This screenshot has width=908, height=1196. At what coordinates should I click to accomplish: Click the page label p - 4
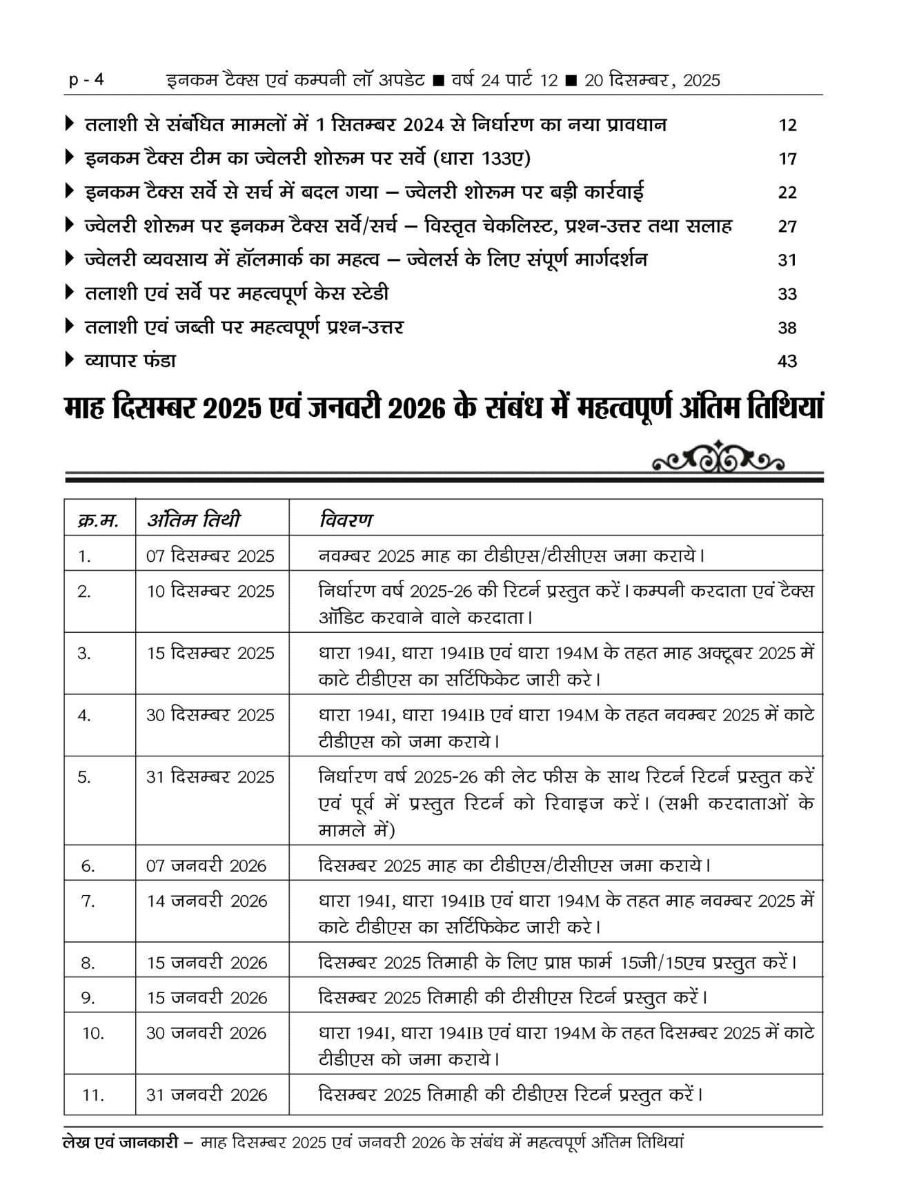click(86, 80)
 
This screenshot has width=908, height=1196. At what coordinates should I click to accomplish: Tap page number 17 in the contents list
click(787, 159)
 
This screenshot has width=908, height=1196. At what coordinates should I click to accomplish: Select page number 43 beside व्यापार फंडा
click(787, 362)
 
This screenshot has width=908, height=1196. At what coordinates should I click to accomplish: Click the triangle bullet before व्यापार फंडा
click(69, 360)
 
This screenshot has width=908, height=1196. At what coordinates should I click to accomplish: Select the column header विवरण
click(346, 519)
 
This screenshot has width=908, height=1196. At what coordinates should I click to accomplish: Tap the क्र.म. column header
click(98, 520)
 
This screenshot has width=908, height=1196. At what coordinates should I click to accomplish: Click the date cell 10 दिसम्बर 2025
click(210, 591)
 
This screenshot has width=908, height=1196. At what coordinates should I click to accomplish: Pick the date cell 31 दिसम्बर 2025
click(210, 777)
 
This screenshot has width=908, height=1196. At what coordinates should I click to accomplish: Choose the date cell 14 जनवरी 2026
click(206, 901)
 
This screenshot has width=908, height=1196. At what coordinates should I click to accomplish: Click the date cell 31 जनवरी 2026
click(206, 1095)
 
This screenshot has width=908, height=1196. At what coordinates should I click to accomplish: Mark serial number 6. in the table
click(88, 866)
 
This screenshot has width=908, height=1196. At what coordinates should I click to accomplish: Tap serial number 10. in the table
click(93, 1034)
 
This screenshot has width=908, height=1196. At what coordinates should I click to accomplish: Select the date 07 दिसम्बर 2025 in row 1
click(210, 556)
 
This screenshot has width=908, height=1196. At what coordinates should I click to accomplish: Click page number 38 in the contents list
click(787, 328)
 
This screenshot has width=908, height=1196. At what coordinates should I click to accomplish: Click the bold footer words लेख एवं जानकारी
click(121, 1143)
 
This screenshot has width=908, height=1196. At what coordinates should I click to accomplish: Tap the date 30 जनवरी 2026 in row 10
click(206, 1034)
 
